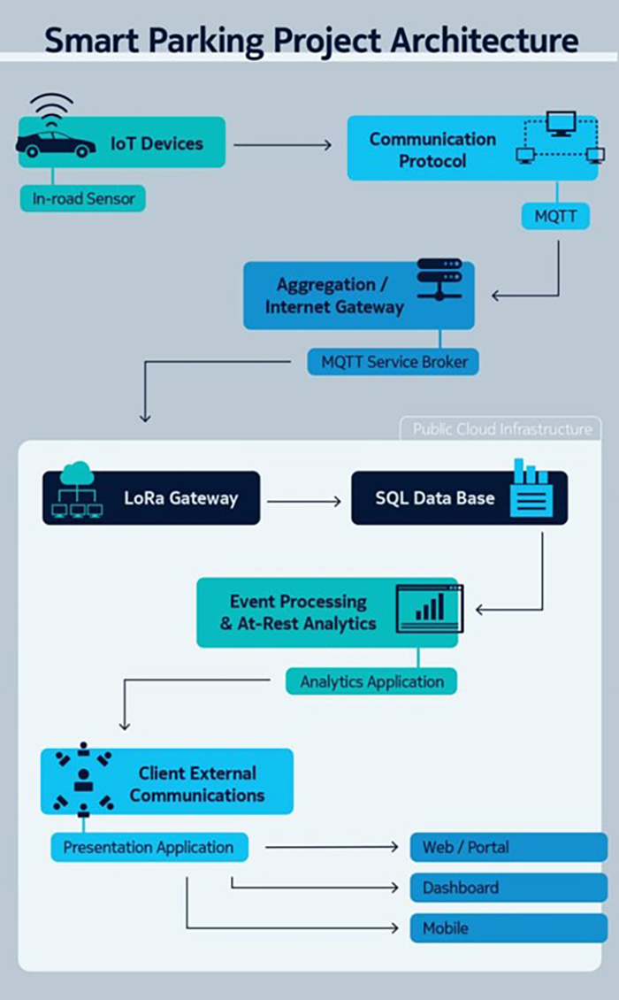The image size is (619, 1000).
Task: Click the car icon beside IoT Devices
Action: point(55,144)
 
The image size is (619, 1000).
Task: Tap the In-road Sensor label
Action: point(83,199)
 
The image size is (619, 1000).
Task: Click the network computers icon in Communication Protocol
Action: point(560,138)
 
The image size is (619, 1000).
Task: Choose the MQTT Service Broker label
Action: point(394,361)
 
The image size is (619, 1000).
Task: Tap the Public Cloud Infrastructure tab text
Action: point(501,429)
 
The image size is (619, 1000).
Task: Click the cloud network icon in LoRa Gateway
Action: point(77,492)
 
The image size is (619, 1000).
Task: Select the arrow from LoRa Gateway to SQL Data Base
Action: point(303,501)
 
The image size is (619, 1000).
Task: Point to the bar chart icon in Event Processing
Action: point(428,608)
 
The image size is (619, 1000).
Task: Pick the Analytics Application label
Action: point(371,681)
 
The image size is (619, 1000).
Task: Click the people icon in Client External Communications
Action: point(83,779)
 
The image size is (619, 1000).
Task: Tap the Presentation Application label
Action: point(149,847)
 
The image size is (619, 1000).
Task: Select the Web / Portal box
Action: point(508,847)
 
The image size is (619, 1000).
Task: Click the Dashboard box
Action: point(508,888)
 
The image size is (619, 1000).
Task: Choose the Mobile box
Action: point(508,928)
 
